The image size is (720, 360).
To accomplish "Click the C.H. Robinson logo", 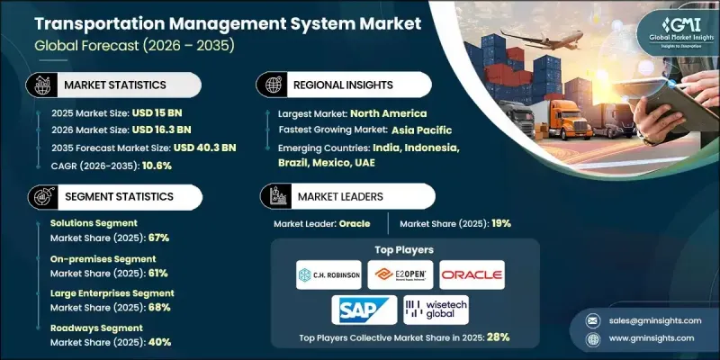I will (328, 274).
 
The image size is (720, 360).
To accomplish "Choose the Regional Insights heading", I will (343, 85).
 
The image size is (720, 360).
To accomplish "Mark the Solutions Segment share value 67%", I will (157, 238).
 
